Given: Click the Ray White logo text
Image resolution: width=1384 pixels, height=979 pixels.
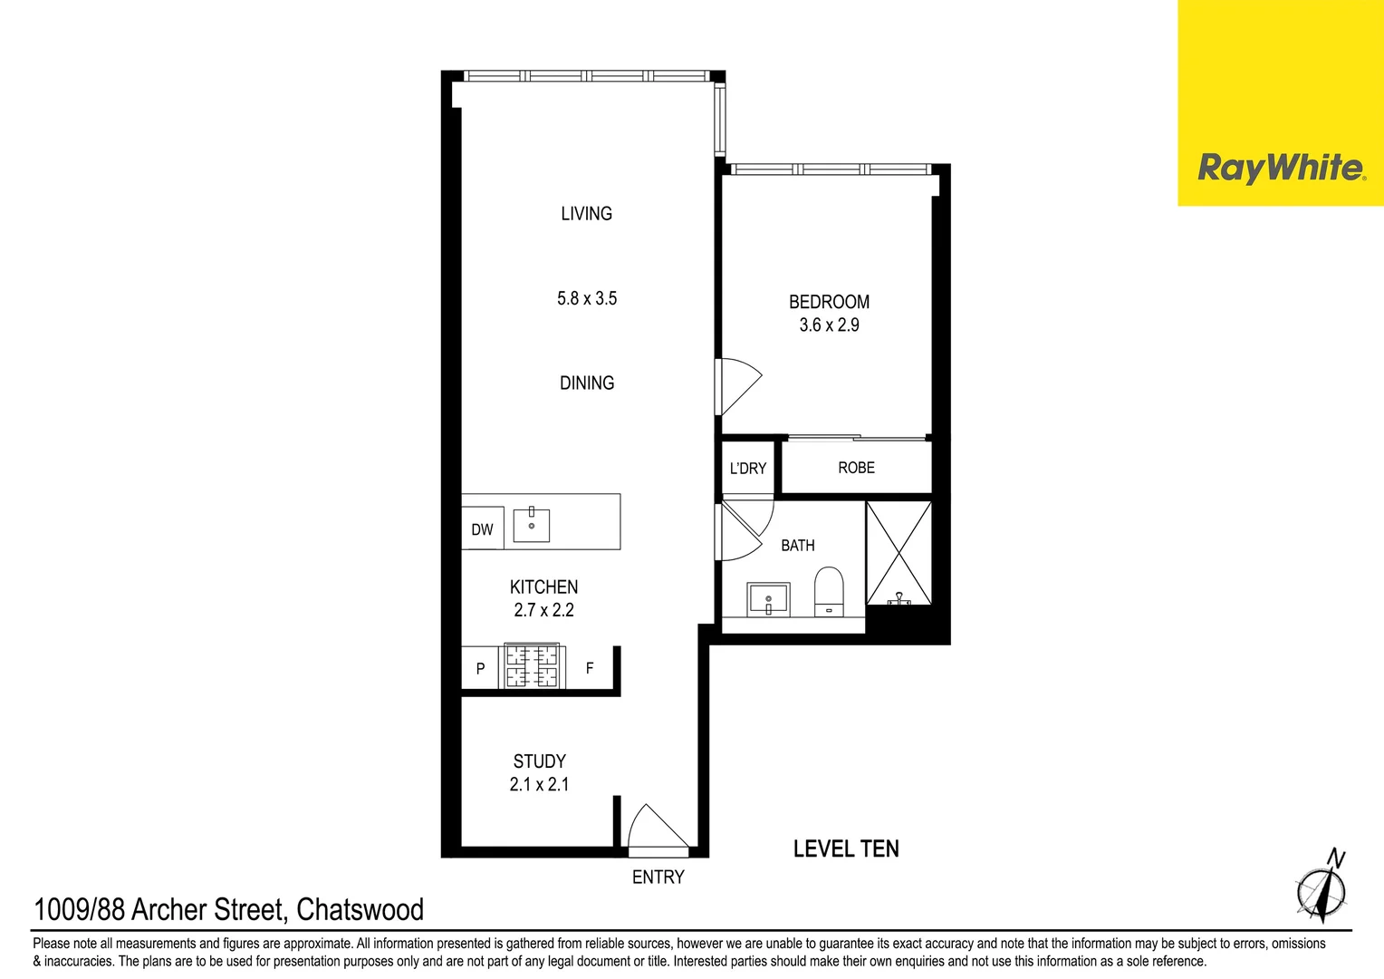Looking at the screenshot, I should pos(1280,168).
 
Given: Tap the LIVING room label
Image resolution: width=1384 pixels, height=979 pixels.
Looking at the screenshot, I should pos(586,214).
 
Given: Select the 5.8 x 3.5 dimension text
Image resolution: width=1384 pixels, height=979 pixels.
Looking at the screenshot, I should pos(587,298).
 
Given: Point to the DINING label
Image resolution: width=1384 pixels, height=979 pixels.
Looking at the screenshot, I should pos(587,383).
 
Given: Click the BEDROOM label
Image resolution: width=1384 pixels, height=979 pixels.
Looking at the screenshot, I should pos(829,302).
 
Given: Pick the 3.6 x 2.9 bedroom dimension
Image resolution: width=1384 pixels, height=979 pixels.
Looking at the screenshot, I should pos(829,325).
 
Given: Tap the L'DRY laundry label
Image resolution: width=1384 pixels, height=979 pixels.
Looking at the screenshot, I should pos(747,469).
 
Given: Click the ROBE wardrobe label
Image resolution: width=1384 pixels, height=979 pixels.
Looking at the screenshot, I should pos(856,468).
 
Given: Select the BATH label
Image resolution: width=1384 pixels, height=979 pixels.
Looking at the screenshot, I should pos(797,546).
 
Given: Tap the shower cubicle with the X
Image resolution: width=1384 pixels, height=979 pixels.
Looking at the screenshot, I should pos(899,553).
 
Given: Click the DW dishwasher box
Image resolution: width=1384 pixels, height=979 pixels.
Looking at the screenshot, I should pos(482,529).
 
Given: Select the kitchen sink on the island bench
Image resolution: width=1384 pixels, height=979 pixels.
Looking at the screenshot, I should pos(532,525).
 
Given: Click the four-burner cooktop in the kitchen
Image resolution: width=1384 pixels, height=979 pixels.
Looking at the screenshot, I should pos(532,666).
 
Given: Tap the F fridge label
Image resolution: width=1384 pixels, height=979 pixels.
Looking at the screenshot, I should pos(590,668).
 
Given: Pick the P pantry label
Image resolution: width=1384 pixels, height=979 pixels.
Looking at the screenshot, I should pos(480,669).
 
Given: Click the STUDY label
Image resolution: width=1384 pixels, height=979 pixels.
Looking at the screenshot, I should pos(539,761).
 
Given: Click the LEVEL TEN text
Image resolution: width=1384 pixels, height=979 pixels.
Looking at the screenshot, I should pos(846,849).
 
